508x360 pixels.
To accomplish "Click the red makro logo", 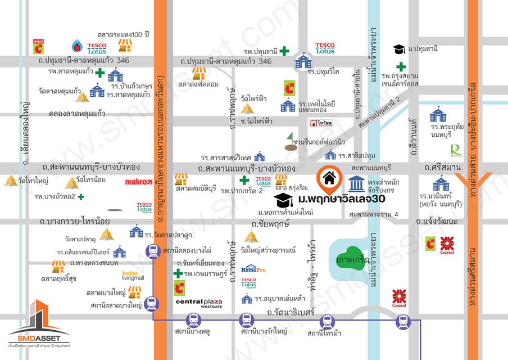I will click(x=138, y=182).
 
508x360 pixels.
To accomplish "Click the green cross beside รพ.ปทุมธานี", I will click(x=285, y=51).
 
